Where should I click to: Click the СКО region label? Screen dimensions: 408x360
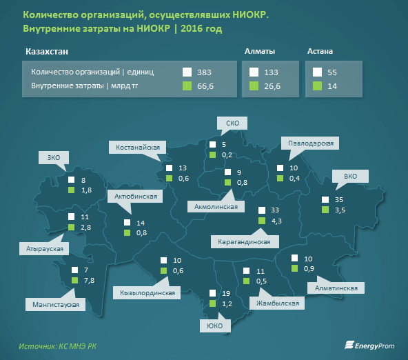click(232, 123)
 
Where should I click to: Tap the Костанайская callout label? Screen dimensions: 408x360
click(138, 148)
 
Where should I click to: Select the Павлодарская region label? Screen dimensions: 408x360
click(310, 143)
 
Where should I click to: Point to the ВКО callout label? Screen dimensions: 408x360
click(350, 177)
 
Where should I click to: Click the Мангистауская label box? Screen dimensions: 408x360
click(55, 305)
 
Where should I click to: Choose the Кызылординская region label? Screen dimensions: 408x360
click(147, 293)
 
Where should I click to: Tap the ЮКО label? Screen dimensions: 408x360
click(215, 326)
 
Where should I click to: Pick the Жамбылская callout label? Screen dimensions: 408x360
click(277, 303)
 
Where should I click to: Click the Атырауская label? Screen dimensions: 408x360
click(44, 248)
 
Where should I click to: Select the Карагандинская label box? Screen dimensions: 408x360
click(245, 242)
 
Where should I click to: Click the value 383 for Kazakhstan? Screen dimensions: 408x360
click(204, 72)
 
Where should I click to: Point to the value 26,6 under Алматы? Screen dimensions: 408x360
click(272, 86)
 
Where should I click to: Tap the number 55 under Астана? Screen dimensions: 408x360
click(332, 72)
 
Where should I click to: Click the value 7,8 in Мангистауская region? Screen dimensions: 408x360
click(90, 281)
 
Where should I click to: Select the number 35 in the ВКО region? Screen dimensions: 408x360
click(339, 199)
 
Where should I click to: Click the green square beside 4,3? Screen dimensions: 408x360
click(262, 221)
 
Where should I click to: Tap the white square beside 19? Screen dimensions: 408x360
click(212, 293)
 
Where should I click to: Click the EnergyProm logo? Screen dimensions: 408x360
click(369, 345)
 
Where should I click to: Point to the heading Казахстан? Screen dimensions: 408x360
click(47, 52)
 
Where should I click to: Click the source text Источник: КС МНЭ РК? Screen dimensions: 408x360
click(57, 346)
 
